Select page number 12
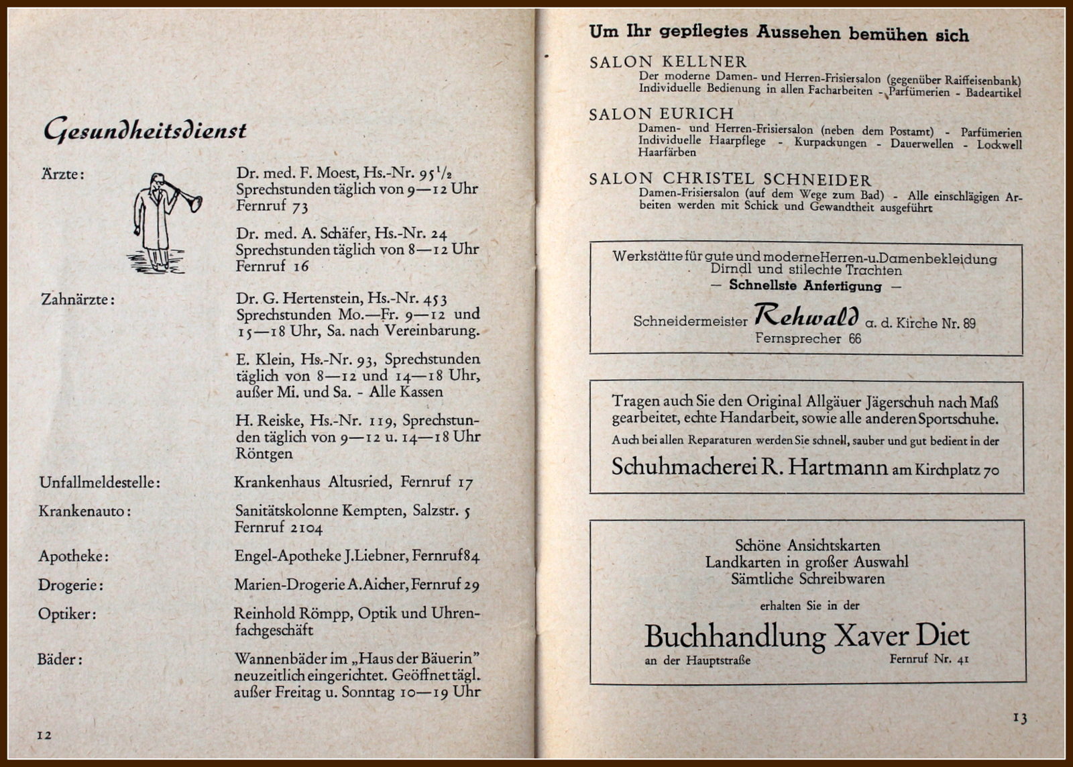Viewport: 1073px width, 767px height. (x=44, y=735)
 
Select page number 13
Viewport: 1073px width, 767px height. (x=1019, y=718)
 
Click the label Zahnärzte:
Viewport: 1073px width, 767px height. (x=78, y=299)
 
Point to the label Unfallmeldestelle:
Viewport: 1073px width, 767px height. (x=99, y=482)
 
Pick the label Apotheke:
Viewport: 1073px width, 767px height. (x=73, y=556)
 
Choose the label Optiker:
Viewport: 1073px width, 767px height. (x=67, y=614)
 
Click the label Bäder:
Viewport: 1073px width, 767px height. (x=60, y=659)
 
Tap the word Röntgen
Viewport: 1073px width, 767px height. (x=264, y=454)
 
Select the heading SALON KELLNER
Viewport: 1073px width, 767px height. (x=667, y=62)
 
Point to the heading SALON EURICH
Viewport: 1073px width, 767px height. (x=661, y=114)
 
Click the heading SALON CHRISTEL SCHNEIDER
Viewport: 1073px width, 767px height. (x=730, y=179)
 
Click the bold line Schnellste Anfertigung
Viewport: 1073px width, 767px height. (x=805, y=286)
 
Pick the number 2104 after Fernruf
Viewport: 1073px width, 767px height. (x=306, y=528)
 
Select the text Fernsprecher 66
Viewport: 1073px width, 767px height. (x=807, y=339)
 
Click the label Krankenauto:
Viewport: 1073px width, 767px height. (x=84, y=511)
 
